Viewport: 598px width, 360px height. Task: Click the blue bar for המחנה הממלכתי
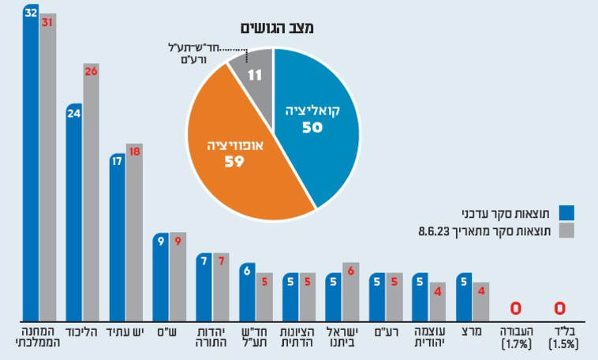pyautogui.click(x=31, y=166)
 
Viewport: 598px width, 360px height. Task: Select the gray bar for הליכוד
pyautogui.click(x=91, y=193)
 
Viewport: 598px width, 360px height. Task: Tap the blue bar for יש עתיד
pyautogui.click(x=117, y=237)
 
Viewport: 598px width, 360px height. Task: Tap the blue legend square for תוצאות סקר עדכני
pyautogui.click(x=566, y=212)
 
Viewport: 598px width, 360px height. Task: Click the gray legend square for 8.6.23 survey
pyautogui.click(x=566, y=231)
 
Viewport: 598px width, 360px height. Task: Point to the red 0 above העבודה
pyautogui.click(x=517, y=308)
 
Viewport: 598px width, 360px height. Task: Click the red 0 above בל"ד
pyautogui.click(x=560, y=308)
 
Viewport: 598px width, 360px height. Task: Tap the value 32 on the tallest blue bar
pyautogui.click(x=30, y=13)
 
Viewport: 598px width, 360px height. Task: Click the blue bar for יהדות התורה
pyautogui.click(x=204, y=288)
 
